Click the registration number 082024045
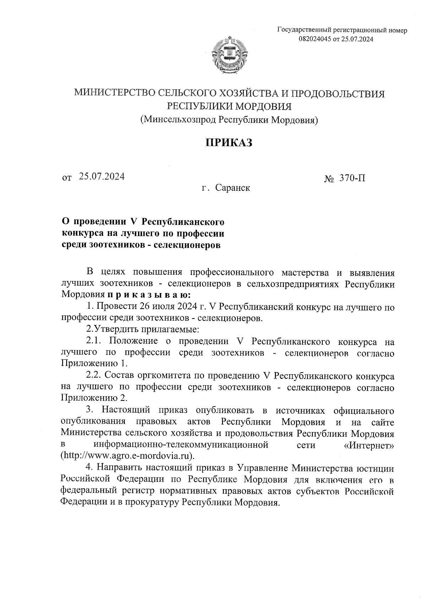316,39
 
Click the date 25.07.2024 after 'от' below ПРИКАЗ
102,176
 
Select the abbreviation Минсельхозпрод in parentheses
179,120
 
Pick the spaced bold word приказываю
148,295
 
